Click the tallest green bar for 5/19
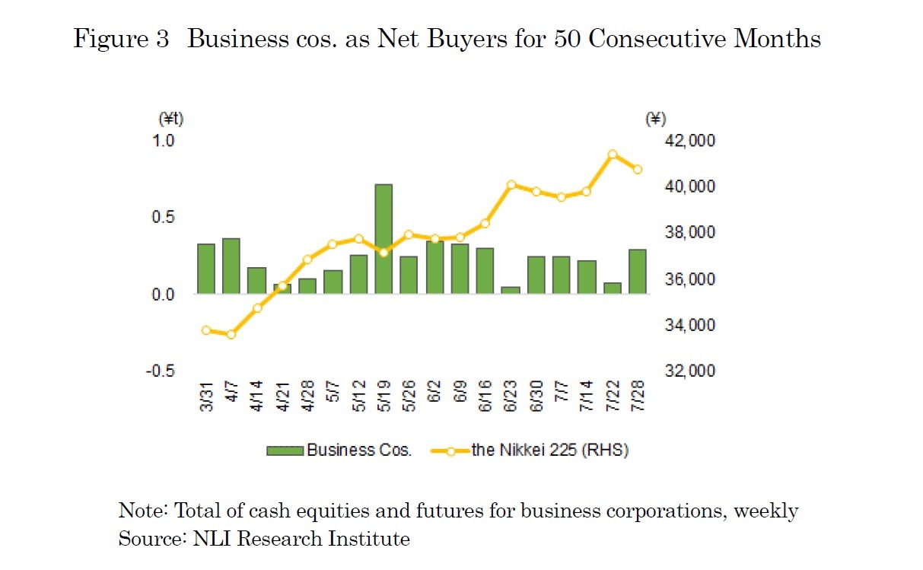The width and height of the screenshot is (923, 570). click(x=384, y=239)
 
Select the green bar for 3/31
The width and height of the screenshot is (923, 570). click(x=205, y=269)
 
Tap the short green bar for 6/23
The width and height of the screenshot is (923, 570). click(x=511, y=290)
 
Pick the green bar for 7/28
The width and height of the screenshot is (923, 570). click(x=638, y=271)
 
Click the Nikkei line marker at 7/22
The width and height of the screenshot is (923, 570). click(x=612, y=154)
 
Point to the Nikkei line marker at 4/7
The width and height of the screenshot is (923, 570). click(x=231, y=334)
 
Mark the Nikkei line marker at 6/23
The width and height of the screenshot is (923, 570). click(x=511, y=184)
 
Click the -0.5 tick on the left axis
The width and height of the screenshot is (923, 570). click(x=161, y=371)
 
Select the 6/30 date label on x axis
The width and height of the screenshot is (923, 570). click(x=536, y=396)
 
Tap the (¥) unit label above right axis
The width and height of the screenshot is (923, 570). click(x=654, y=119)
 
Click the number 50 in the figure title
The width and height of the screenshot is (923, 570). click(x=565, y=40)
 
